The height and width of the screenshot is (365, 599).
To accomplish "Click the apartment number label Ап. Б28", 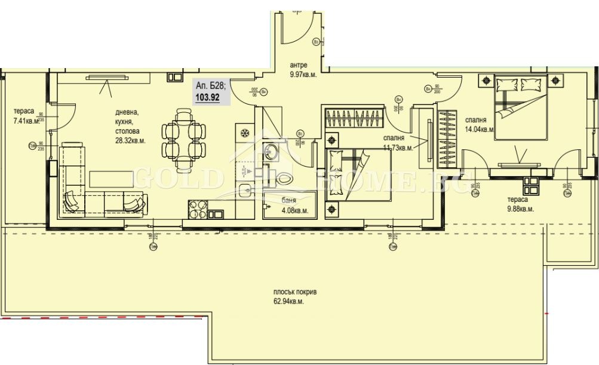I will (x=210, y=85).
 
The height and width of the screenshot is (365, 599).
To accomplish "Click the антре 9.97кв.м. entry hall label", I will (x=303, y=70).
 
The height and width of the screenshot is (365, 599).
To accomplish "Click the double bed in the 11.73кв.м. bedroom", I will (x=357, y=175).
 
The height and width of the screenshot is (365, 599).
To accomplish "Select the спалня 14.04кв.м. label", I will (x=479, y=124).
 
